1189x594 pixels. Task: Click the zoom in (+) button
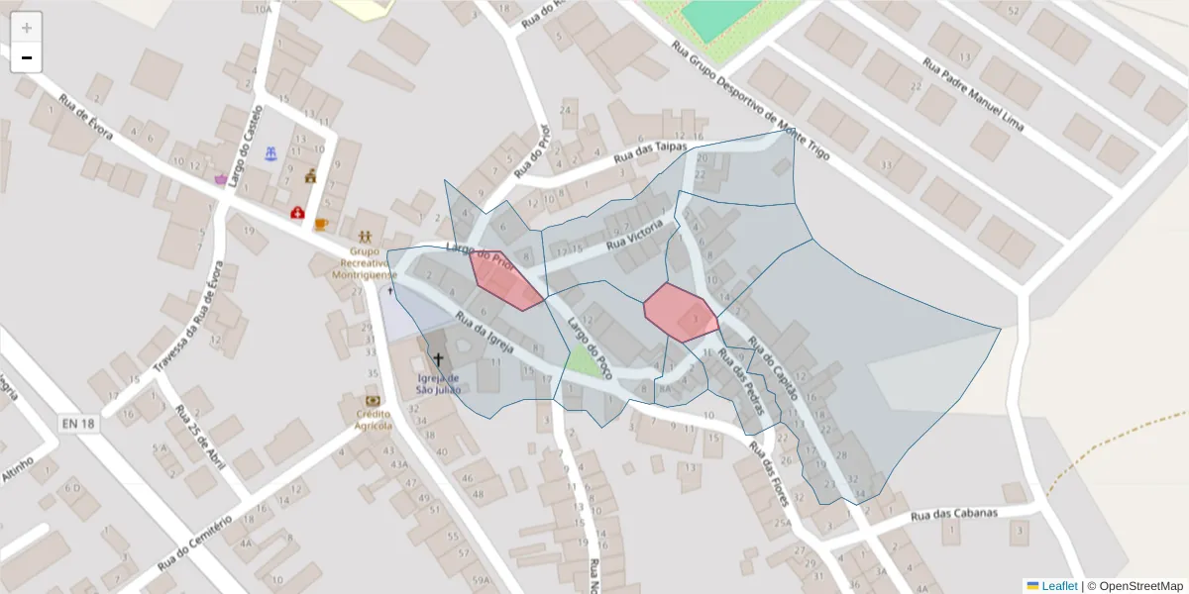[x=27, y=28]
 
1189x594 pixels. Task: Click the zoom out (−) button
[x=27, y=58]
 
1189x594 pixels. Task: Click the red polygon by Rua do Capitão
[x=680, y=312]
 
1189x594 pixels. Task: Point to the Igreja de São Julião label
[x=437, y=383]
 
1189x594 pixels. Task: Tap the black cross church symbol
[x=437, y=359]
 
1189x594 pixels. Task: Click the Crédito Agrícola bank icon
[x=373, y=401]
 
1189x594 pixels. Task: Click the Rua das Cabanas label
[x=953, y=513]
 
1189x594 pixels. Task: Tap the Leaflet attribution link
[x=1058, y=586]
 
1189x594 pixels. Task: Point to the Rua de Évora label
[x=87, y=117]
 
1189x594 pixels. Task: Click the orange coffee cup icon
[x=321, y=224]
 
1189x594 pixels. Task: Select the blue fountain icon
[x=270, y=153]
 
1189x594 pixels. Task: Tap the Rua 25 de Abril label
[x=200, y=437]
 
